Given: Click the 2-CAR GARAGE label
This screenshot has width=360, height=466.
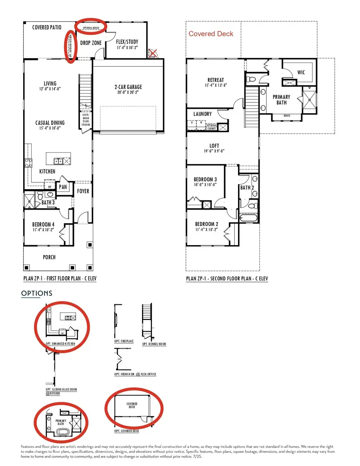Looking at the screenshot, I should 128,87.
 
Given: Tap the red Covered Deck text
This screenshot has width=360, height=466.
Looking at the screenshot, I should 211,34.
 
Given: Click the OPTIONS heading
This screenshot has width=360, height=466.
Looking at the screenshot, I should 36,293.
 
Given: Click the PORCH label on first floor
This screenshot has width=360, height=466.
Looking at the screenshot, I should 49,257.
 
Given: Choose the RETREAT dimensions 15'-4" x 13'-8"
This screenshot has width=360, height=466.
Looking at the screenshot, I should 216,85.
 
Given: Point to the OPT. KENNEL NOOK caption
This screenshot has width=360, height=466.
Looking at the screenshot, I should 154,344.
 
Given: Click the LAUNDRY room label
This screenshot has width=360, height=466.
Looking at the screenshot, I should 203,114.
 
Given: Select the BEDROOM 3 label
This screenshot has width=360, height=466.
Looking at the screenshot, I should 205,179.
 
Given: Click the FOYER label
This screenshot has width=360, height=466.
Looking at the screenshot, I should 83,191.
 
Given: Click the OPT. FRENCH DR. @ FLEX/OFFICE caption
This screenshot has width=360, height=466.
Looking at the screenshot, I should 135,374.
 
